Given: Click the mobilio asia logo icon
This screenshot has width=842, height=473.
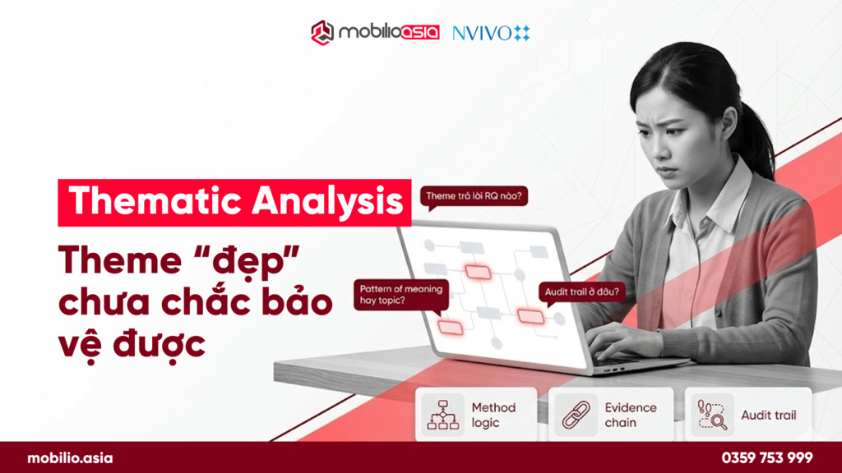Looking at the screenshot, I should (322, 33).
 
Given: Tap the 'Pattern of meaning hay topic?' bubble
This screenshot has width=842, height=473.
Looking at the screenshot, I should (400, 295).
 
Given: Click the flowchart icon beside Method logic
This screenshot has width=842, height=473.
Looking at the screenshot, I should (442, 415).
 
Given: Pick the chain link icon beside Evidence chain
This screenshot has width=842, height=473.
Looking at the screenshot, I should (575, 415).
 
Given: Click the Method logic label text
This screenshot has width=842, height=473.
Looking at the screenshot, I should (493, 415).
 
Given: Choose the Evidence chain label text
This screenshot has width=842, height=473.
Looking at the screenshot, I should (631, 415).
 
